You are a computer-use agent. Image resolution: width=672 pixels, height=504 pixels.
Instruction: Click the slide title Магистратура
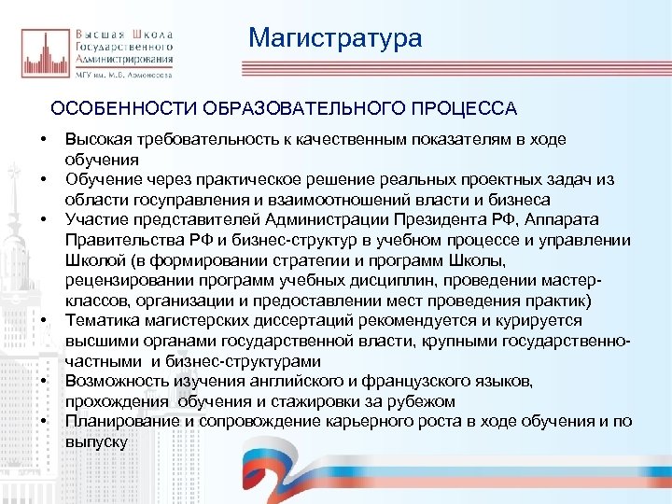tap(335, 38)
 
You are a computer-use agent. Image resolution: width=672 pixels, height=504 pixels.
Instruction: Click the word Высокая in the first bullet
tap(97, 139)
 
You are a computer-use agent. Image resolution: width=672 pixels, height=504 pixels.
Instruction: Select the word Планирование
tap(118, 422)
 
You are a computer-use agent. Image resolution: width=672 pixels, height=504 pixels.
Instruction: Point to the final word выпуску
tap(96, 441)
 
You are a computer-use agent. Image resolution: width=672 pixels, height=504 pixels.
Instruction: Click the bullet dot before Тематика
tap(43, 321)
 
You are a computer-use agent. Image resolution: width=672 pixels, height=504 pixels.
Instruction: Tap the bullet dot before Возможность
tap(43, 382)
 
